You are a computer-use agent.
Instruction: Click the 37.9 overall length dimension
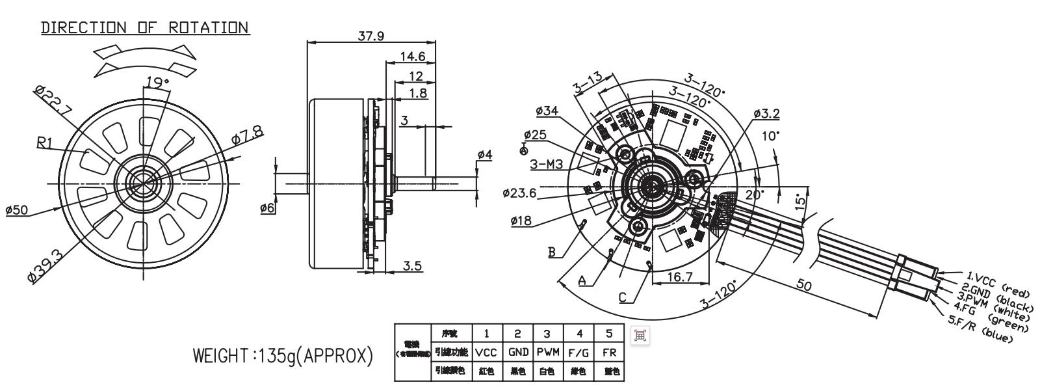[x=371, y=36]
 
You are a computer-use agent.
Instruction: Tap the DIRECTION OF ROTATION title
[x=145, y=28]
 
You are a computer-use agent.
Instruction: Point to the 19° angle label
[x=157, y=83]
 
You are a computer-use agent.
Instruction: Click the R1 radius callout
[x=45, y=143]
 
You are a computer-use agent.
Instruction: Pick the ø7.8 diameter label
[x=248, y=135]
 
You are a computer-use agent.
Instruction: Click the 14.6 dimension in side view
[x=413, y=57]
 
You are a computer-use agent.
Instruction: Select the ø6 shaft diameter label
[x=267, y=208]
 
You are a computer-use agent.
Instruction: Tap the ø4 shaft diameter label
[x=485, y=155]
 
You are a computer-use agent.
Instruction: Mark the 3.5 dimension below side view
[x=413, y=265]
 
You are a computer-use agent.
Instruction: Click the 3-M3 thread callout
[x=547, y=165]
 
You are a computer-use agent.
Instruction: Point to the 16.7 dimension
[x=679, y=277]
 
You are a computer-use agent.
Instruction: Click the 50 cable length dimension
[x=804, y=286]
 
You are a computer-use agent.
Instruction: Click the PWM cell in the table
[x=547, y=352]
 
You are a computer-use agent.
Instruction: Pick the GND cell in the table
[x=517, y=352]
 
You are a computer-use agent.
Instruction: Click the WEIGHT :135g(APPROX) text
[x=283, y=357]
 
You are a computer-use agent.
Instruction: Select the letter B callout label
[x=551, y=252]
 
